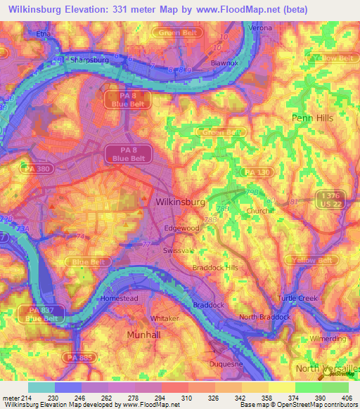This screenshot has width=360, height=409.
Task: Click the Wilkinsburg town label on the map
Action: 179,202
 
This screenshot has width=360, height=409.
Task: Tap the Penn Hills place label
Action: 313,118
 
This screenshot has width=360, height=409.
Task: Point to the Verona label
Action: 260,27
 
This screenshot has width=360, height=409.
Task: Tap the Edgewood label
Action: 181,228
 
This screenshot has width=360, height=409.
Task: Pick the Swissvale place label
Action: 179,250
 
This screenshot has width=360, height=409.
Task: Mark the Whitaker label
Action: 165,318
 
